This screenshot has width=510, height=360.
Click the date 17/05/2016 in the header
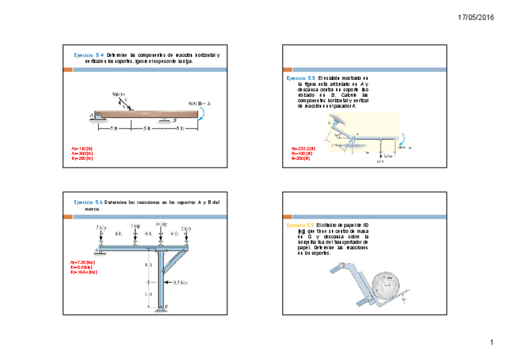tap(475, 17)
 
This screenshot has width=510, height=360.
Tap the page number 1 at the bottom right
tap(491, 343)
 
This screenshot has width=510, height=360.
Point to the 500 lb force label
tap(118, 95)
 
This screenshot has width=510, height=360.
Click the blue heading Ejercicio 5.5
tap(301, 78)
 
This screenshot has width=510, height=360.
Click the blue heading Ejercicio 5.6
tap(88, 202)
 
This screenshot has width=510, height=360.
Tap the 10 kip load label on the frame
tap(161, 224)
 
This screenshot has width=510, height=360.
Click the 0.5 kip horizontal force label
tap(180, 281)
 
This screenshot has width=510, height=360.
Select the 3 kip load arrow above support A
tap(100, 237)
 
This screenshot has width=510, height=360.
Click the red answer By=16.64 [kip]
tap(84, 272)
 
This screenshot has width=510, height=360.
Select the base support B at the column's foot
tap(162, 308)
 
